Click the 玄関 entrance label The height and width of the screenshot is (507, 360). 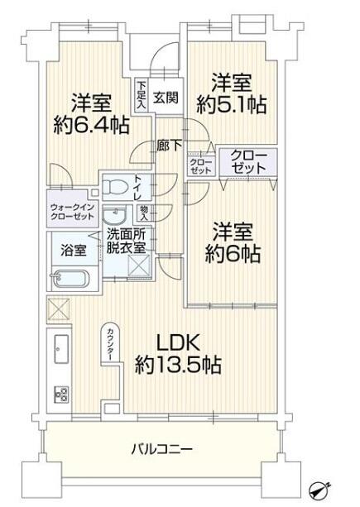tap(166, 97)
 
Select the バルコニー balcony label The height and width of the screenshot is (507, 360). tap(162, 449)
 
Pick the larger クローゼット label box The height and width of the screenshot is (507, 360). tap(248, 161)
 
